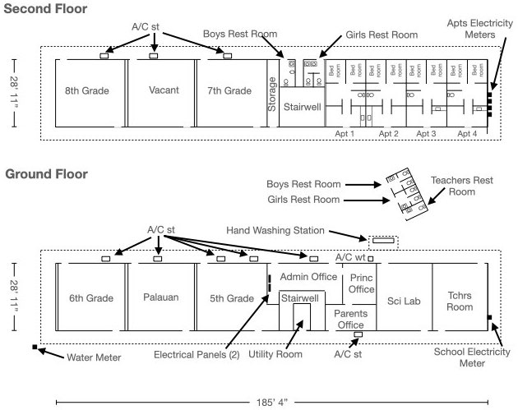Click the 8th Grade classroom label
(x=87, y=90)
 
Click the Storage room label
(x=273, y=92)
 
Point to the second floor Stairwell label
(x=302, y=108)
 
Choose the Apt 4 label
(x=466, y=134)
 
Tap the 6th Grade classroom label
(x=90, y=298)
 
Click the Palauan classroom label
(x=161, y=298)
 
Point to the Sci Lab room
(x=404, y=302)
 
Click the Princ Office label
(x=362, y=283)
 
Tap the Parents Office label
(x=349, y=320)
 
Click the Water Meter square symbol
(x=35, y=348)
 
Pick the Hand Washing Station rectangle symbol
(x=383, y=241)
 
